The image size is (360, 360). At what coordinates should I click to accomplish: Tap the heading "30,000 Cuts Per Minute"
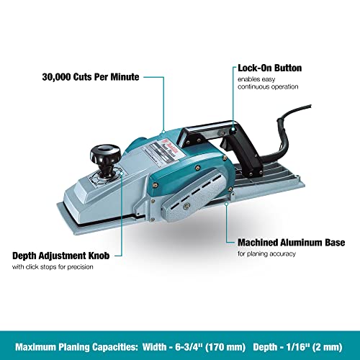click(91, 77)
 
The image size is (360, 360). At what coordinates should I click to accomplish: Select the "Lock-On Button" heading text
click(270, 68)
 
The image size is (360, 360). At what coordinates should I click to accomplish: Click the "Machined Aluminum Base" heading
click(292, 243)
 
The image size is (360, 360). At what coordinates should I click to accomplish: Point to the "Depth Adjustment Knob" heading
click(61, 256)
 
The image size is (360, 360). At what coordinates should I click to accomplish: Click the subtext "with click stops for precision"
click(53, 267)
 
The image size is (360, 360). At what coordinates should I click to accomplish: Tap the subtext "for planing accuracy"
click(266, 254)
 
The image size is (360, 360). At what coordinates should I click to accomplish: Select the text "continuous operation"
click(268, 86)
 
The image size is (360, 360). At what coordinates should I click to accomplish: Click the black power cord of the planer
click(286, 135)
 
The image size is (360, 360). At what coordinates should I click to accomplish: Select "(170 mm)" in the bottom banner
click(225, 347)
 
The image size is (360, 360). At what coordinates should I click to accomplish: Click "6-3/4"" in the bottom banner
click(188, 347)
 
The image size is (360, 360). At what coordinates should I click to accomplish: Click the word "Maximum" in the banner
click(36, 347)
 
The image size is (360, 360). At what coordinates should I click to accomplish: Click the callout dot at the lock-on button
click(233, 130)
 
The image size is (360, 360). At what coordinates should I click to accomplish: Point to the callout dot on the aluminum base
click(226, 204)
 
